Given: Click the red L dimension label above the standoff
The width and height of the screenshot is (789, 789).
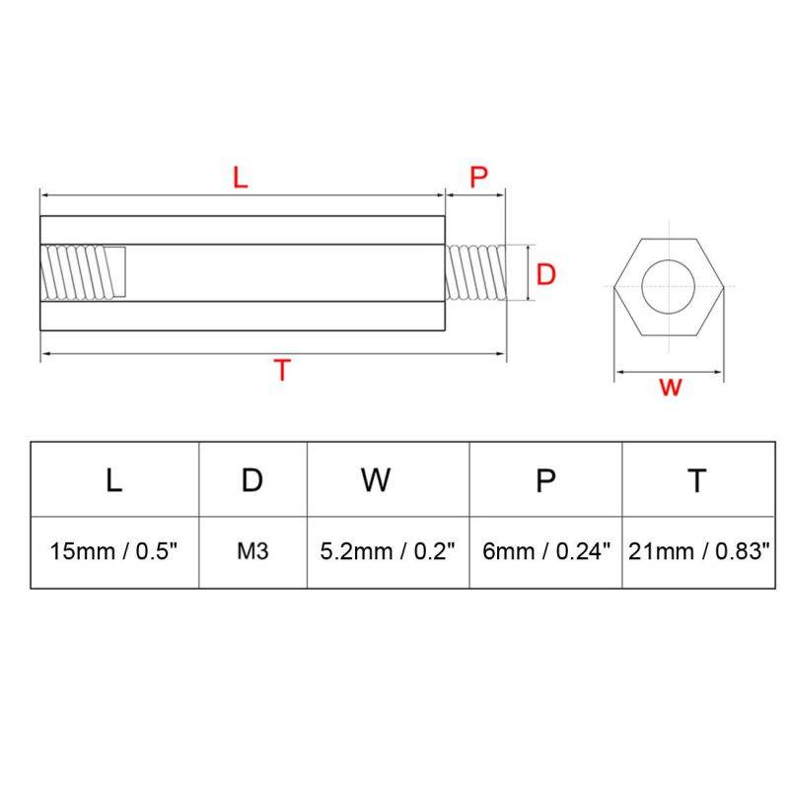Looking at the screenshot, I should click(240, 179).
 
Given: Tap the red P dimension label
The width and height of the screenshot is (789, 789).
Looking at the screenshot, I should click(478, 178).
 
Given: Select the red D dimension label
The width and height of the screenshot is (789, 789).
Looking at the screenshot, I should click(546, 275).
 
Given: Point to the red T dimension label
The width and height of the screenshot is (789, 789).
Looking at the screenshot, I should click(283, 371).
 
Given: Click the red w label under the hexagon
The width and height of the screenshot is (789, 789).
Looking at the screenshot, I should click(671, 387).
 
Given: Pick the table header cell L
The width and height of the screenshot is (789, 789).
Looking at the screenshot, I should click(114, 480).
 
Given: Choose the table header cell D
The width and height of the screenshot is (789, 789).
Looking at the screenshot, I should click(253, 480).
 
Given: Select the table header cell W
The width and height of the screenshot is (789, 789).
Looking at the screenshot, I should click(375, 480).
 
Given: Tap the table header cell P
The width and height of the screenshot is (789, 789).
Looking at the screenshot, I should click(545, 480).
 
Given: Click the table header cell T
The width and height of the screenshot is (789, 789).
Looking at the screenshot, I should click(697, 480).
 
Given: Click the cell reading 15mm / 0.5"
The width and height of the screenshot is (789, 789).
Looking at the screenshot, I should click(114, 552).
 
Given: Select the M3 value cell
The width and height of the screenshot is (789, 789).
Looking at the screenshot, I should click(253, 552).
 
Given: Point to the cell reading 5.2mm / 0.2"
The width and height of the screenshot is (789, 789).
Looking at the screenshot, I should click(388, 552).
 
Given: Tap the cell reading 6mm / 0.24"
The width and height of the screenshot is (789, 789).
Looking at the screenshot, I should click(545, 552).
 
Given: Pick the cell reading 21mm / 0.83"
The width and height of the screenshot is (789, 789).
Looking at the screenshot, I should click(697, 552).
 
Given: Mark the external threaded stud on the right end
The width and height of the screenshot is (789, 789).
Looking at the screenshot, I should click(475, 273).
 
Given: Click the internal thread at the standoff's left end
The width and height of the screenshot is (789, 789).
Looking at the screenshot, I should click(84, 274).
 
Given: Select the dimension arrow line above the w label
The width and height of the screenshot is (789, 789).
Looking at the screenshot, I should click(670, 373).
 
